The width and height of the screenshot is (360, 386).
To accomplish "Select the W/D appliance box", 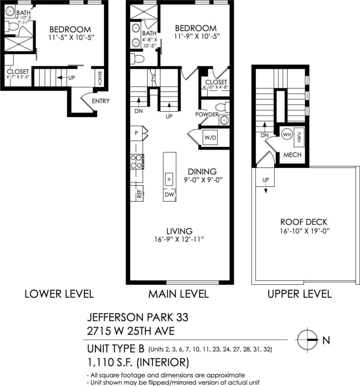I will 210,137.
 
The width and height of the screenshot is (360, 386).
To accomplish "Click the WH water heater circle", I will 287,134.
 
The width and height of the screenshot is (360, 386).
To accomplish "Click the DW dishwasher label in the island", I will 169,195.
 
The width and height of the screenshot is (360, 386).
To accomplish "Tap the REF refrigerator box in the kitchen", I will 138,194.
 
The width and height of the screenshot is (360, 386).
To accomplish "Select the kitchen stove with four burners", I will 136,162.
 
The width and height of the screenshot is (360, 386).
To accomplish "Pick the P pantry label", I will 136,133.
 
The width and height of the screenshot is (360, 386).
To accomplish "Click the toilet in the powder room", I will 224,108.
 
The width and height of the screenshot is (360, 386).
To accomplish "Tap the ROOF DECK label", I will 303,222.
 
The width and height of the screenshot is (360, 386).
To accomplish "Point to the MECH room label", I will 292,155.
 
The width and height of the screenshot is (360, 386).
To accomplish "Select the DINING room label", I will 202,171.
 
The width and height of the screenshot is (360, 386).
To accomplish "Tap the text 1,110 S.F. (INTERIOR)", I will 138,361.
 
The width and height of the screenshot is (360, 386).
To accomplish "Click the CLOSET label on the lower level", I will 18,72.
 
